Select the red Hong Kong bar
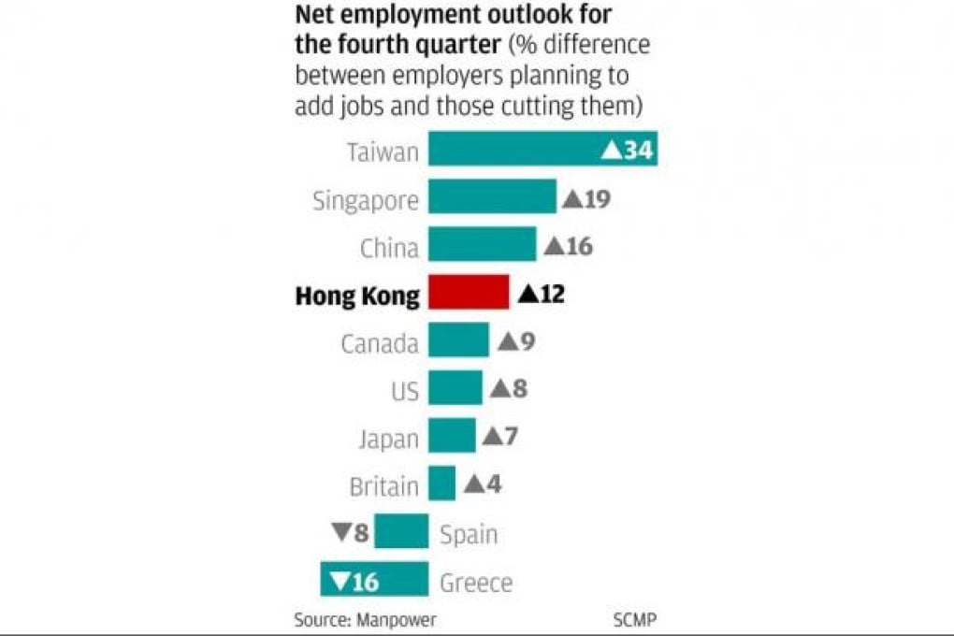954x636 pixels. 469,293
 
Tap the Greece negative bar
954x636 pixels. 374,579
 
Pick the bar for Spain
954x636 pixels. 401,531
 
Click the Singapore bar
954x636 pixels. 492,197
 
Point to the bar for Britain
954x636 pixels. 441,484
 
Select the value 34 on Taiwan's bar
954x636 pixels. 637,151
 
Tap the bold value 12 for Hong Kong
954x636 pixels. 551,294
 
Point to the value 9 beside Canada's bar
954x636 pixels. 527,341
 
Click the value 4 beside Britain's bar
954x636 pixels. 494,484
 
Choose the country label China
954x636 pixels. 389,248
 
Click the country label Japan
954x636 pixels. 388,438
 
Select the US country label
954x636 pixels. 404,390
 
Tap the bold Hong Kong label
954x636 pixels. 356,296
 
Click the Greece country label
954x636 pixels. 476,583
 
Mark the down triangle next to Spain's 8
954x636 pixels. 340,532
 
